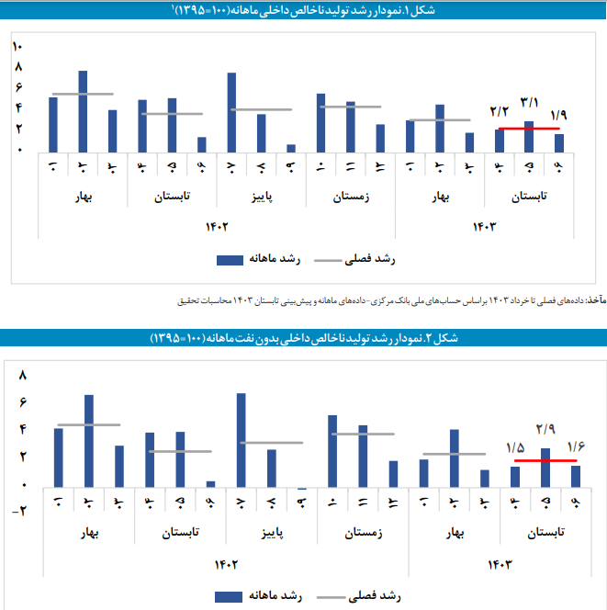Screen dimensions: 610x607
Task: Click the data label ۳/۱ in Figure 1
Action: pyautogui.click(x=529, y=102)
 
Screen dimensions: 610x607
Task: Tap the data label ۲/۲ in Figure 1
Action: pyautogui.click(x=500, y=112)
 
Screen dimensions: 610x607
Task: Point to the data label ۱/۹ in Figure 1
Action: pyautogui.click(x=559, y=116)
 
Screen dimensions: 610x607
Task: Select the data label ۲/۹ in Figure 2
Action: pyautogui.click(x=545, y=429)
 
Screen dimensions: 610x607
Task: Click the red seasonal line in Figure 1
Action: pyautogui.click(x=528, y=129)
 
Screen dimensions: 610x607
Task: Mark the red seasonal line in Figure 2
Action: pyautogui.click(x=545, y=460)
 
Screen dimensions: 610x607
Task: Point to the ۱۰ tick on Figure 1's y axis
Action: pyautogui.click(x=18, y=48)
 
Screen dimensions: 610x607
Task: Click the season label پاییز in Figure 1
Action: pyautogui.click(x=261, y=197)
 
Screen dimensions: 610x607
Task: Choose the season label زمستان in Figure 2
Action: pyautogui.click(x=364, y=532)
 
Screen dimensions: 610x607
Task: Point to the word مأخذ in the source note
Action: pyautogui.click(x=597, y=299)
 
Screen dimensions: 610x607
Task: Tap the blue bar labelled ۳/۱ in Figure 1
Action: pyautogui.click(x=528, y=136)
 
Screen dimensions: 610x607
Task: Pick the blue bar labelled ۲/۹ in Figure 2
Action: pyautogui.click(x=545, y=468)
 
